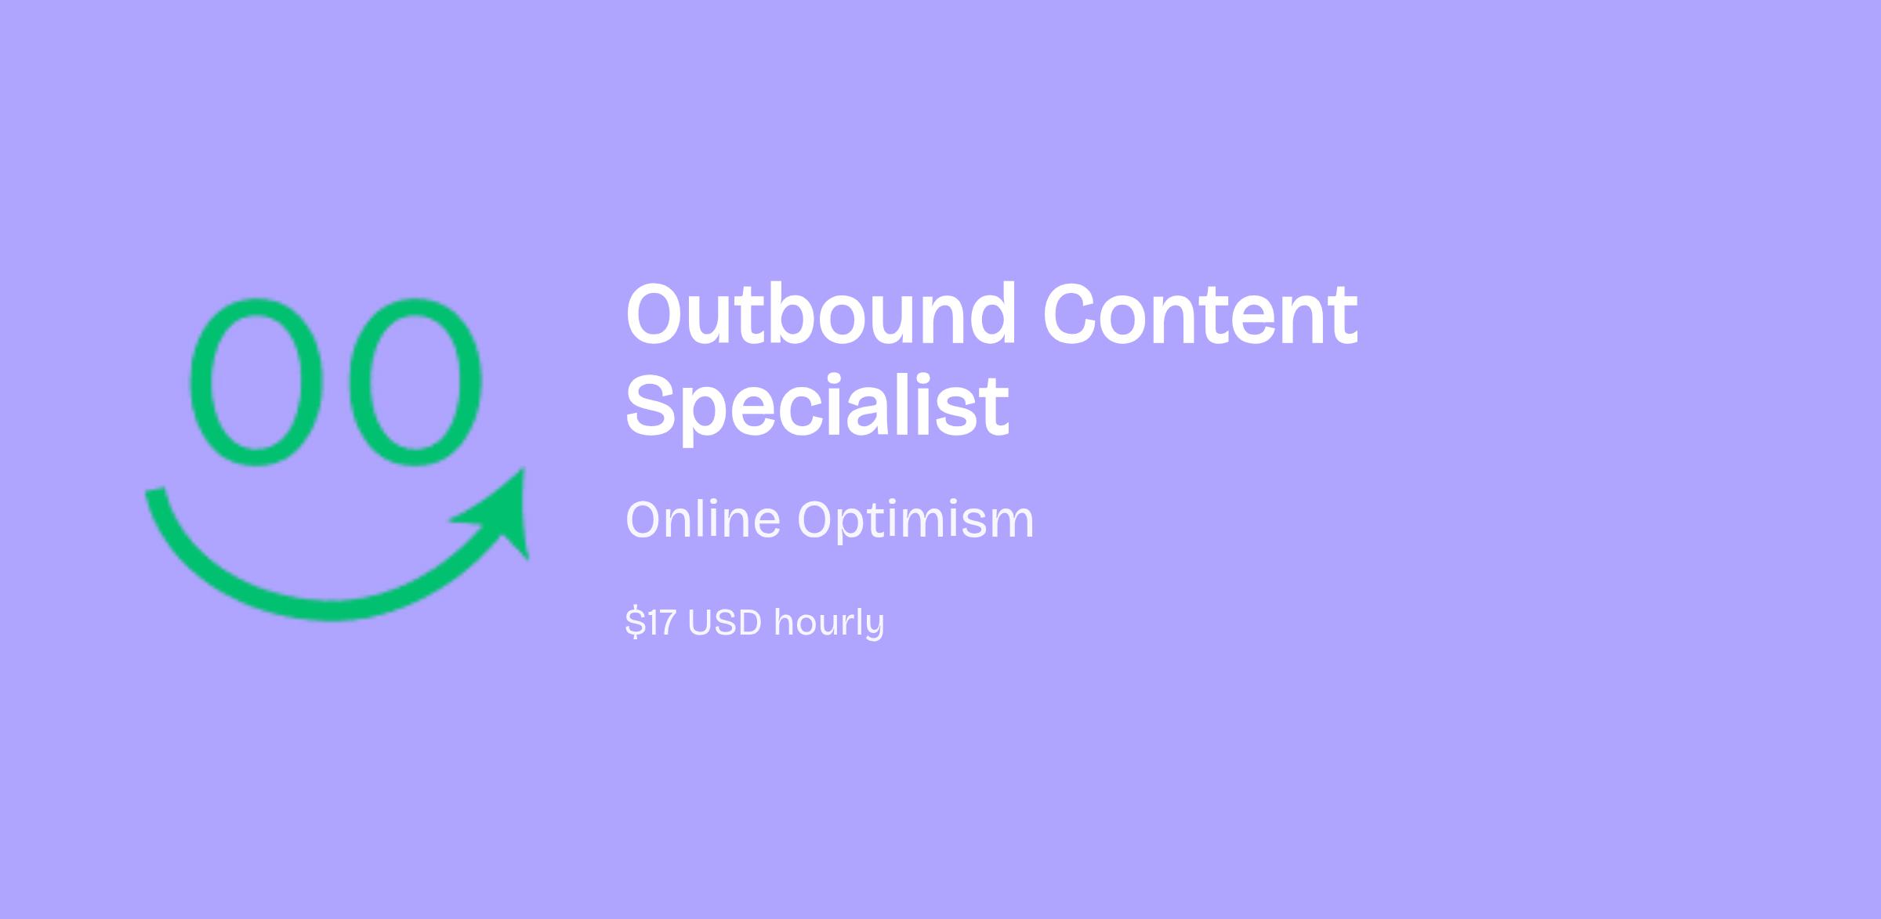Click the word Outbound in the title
coord(821,313)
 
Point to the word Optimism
coord(916,520)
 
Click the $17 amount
coord(651,623)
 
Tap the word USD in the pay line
coord(725,623)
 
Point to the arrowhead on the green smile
coord(502,513)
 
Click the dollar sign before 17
coord(633,623)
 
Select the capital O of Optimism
coord(817,520)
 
